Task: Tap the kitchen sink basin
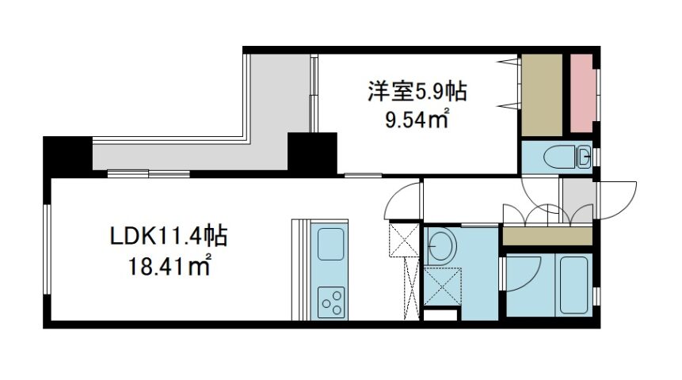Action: [331, 244]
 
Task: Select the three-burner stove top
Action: [331, 302]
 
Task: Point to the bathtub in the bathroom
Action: [573, 284]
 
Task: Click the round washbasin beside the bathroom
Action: [440, 245]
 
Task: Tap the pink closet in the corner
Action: [581, 93]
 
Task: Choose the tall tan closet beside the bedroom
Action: [542, 95]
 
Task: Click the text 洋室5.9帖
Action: [417, 92]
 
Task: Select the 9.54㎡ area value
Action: [417, 119]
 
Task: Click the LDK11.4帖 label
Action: [169, 237]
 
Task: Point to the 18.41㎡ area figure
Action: [170, 266]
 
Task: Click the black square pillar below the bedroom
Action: [312, 153]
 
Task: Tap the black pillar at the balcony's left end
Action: [68, 155]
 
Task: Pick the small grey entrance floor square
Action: [578, 200]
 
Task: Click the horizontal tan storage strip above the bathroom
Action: [547, 236]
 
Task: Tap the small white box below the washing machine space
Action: [440, 315]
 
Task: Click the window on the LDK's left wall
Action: [47, 249]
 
